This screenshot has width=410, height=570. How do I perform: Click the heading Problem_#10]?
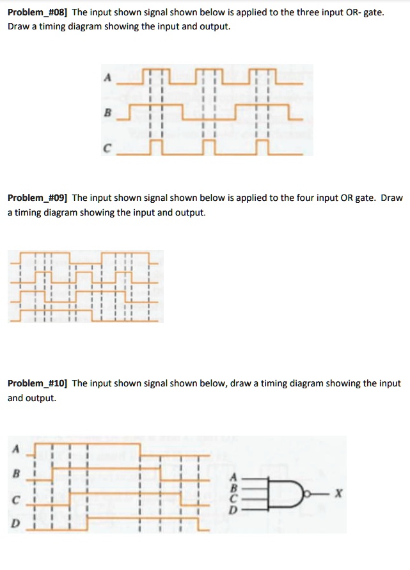pyautogui.click(x=37, y=383)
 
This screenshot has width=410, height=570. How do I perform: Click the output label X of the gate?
pyautogui.click(x=339, y=493)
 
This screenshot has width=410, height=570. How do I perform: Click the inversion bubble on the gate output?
pyautogui.click(x=311, y=493)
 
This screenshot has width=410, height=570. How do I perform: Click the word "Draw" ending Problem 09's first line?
pyautogui.click(x=391, y=198)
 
